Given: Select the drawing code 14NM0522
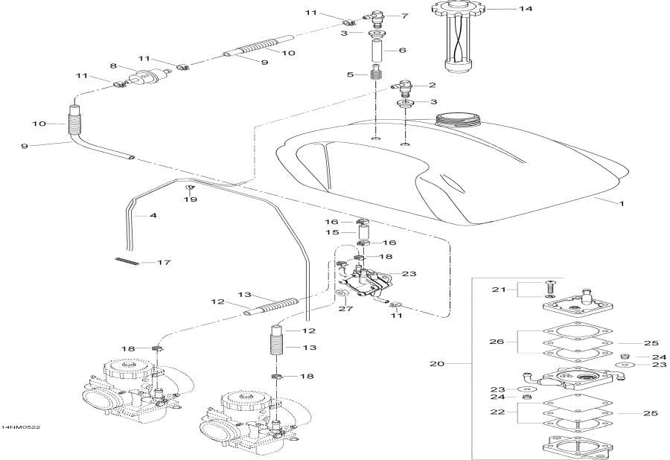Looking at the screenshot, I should coord(20,428).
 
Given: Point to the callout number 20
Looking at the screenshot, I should coord(437,365).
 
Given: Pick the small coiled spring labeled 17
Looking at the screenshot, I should coord(129,260).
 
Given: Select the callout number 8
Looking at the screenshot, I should coord(114,66).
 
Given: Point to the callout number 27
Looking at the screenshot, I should coord(344,309).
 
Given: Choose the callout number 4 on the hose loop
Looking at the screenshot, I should coord(153,216).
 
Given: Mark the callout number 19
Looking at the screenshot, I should coord(191,200).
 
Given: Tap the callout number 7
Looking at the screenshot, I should coord(405,15).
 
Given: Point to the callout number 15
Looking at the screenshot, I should coord(331,233).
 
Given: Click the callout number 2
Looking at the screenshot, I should coord(433,85).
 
